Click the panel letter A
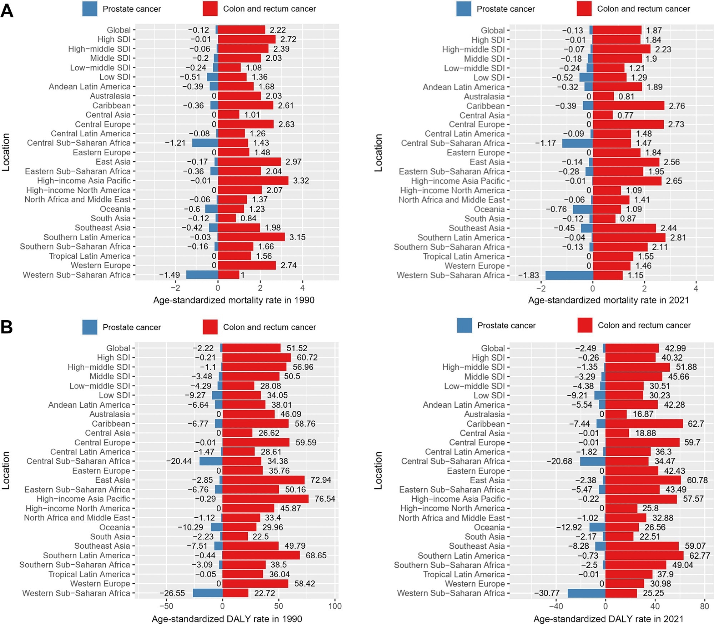click(7, 11)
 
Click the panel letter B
click(7, 327)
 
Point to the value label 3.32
click(301, 181)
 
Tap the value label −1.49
click(169, 275)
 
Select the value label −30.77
click(547, 593)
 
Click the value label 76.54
click(325, 499)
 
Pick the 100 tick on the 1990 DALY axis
click(335, 606)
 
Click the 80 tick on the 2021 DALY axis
click(704, 606)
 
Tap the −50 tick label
click(166, 606)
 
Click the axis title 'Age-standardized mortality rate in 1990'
click(233, 300)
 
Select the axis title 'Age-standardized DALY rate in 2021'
click(608, 619)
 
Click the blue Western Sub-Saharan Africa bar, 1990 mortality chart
click(202, 275)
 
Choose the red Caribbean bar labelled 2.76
click(628, 106)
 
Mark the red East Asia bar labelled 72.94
click(263, 480)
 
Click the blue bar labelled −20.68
click(592, 461)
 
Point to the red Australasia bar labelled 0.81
click(603, 96)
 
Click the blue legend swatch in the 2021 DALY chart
click(464, 325)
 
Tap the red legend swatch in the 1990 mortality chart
click(210, 9)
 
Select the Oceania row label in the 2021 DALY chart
click(489, 527)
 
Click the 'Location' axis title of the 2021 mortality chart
click(378, 152)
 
